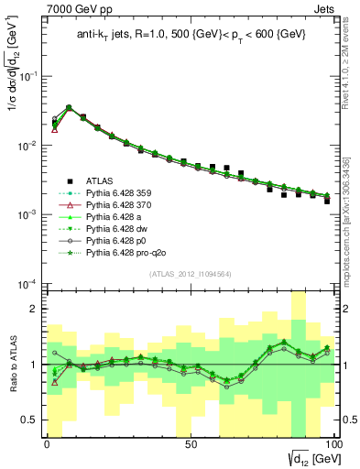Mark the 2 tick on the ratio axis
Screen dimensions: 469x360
coord(35,309)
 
